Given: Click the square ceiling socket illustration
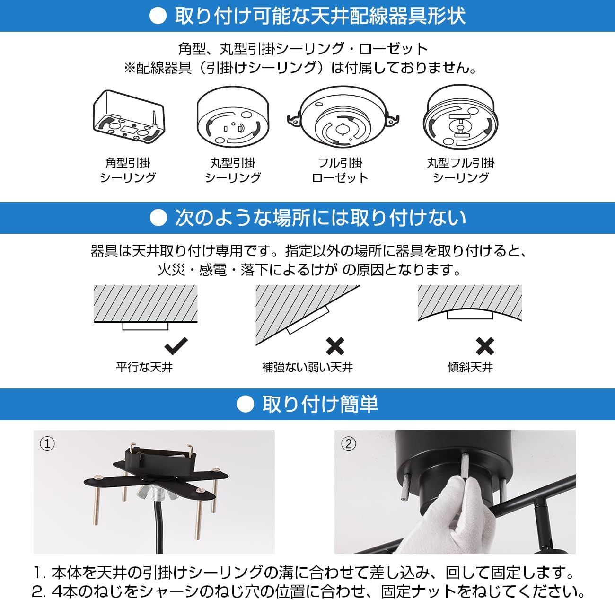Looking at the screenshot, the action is (x=129, y=116).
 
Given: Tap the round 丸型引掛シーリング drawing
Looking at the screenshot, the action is (x=233, y=117).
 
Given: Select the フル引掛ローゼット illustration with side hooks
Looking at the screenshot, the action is (x=343, y=117).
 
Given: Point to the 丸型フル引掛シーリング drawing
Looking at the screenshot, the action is (x=460, y=117).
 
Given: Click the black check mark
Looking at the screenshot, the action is (x=176, y=346).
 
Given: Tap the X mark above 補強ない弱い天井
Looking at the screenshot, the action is (x=335, y=346).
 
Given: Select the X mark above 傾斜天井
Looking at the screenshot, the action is (x=484, y=346).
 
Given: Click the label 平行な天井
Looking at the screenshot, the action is (x=144, y=367).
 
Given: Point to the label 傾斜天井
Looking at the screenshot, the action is (x=470, y=367).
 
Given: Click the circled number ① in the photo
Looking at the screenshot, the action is (x=47, y=444).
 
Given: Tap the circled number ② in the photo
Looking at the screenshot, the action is (x=348, y=444).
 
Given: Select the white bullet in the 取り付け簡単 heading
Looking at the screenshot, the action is (x=245, y=404).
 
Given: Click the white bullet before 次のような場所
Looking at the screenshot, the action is (x=158, y=218).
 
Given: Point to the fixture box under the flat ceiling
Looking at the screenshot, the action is (x=145, y=326).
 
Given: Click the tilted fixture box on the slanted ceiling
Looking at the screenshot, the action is (x=308, y=319).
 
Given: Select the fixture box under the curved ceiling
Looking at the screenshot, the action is (x=470, y=315).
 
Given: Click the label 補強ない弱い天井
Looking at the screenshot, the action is (x=307, y=367).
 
